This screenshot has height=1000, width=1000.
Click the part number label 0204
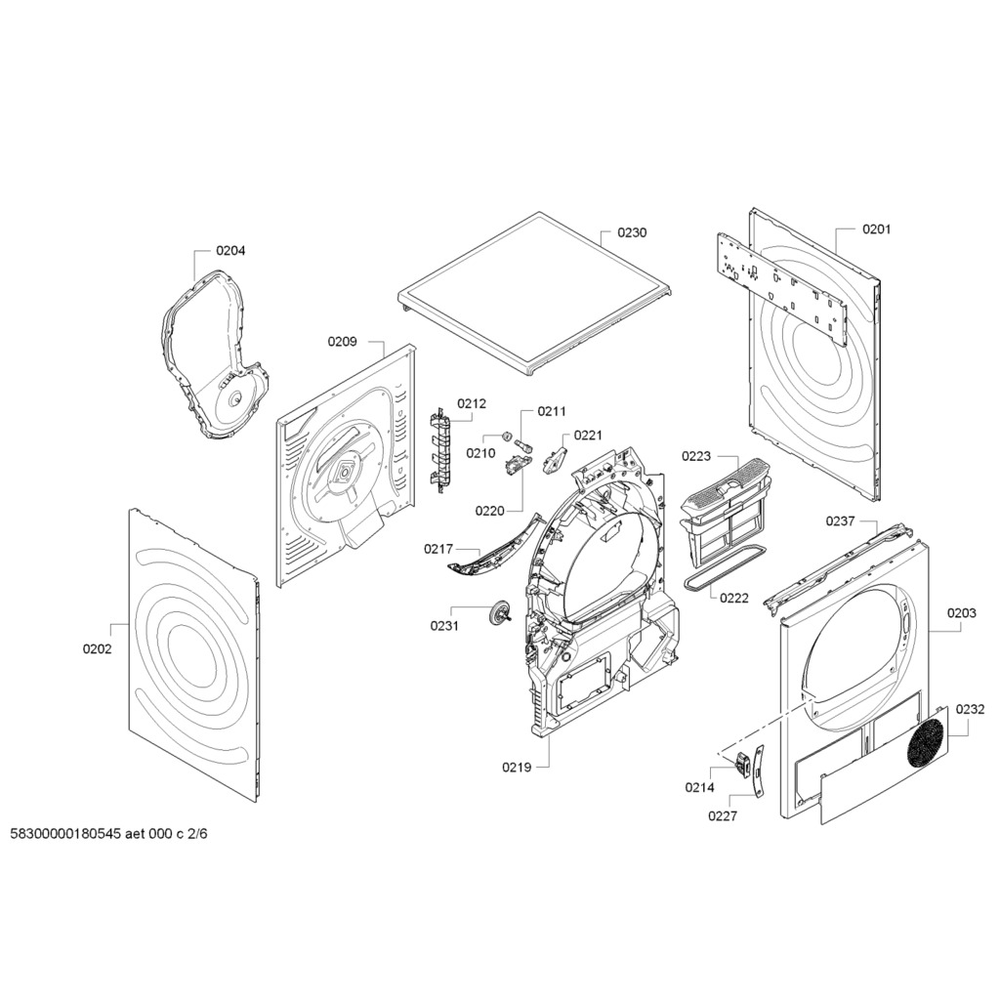(x=230, y=251)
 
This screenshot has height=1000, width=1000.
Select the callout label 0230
(x=632, y=233)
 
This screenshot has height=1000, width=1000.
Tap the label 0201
(x=876, y=229)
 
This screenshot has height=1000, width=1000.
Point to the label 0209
(x=342, y=342)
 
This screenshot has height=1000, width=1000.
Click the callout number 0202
(x=97, y=649)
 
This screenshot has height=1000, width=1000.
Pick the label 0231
(x=444, y=626)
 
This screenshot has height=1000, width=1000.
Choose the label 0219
(x=517, y=768)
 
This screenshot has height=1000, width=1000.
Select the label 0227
(x=723, y=815)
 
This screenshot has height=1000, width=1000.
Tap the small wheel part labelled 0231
(x=502, y=613)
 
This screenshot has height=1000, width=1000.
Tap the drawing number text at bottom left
(x=108, y=834)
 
